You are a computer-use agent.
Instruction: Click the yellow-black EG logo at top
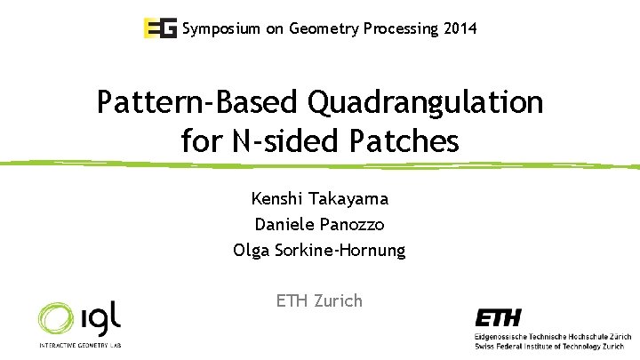pos(160,28)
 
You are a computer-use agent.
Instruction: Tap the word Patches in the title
pos(407,140)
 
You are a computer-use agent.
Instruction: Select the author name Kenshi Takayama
pos(319,198)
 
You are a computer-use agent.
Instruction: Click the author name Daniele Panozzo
pos(319,224)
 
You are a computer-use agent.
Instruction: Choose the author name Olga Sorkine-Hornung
pos(319,250)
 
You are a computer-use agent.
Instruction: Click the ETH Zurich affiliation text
pos(319,300)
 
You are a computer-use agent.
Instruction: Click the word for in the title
pos(201,140)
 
